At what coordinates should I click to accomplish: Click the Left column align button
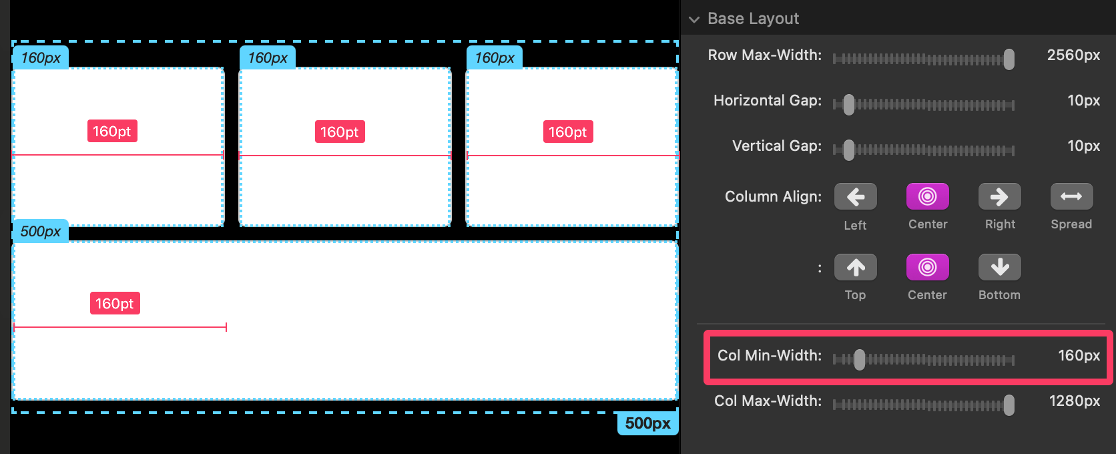[x=855, y=197]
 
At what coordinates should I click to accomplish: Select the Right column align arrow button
[x=999, y=197]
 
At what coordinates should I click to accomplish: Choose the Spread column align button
[x=1071, y=197]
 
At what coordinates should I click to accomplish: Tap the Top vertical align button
[x=855, y=268]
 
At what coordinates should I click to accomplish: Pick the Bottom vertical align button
[x=999, y=268]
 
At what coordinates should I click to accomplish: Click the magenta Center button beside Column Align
[x=927, y=197]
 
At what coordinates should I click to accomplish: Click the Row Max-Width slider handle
[x=1009, y=59]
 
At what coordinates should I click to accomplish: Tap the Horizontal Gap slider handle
[x=848, y=105]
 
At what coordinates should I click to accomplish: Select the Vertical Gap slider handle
[x=848, y=150]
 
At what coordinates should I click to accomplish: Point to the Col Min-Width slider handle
[x=860, y=360]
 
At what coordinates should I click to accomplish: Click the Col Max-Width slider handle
[x=1009, y=405]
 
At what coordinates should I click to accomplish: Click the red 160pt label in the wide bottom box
[x=115, y=304]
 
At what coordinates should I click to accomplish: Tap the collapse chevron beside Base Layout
[x=694, y=19]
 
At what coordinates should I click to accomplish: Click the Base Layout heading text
[x=753, y=19]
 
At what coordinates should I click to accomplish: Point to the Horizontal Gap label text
[x=768, y=101]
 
